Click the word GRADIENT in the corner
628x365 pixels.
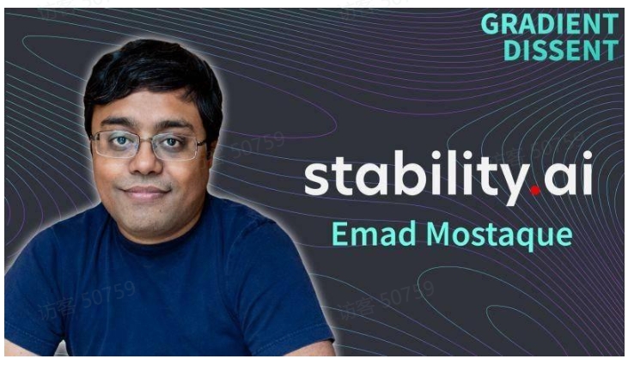pyautogui.click(x=550, y=23)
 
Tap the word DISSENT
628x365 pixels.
pyautogui.click(x=561, y=50)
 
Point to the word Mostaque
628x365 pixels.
pyautogui.click(x=499, y=235)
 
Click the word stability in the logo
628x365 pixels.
pyautogui.click(x=417, y=176)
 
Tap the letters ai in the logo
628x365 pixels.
pyautogui.click(x=568, y=173)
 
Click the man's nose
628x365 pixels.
pyautogui.click(x=145, y=162)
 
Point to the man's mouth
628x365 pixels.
pyautogui.click(x=145, y=193)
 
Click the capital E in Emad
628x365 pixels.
pyautogui.click(x=339, y=234)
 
